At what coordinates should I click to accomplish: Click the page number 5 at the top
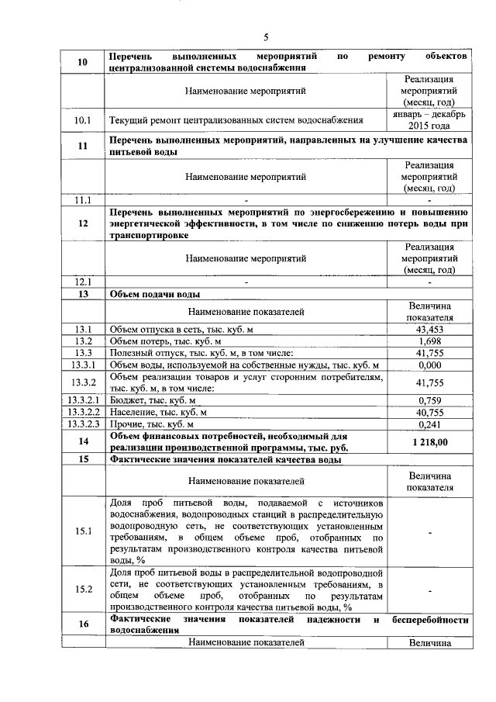coord(266,36)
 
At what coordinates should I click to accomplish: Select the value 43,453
coord(429,330)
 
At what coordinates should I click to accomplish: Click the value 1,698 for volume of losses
coord(429,341)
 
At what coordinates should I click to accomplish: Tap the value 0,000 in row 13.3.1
coord(429,365)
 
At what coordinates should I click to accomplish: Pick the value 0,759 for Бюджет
coord(429,400)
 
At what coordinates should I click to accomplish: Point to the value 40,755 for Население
coord(429,413)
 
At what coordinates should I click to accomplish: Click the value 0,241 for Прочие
coord(429,425)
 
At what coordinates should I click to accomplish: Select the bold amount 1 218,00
coord(429,442)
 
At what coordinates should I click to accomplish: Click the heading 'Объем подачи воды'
coord(155,295)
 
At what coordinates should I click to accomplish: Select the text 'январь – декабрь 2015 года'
coord(429,120)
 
